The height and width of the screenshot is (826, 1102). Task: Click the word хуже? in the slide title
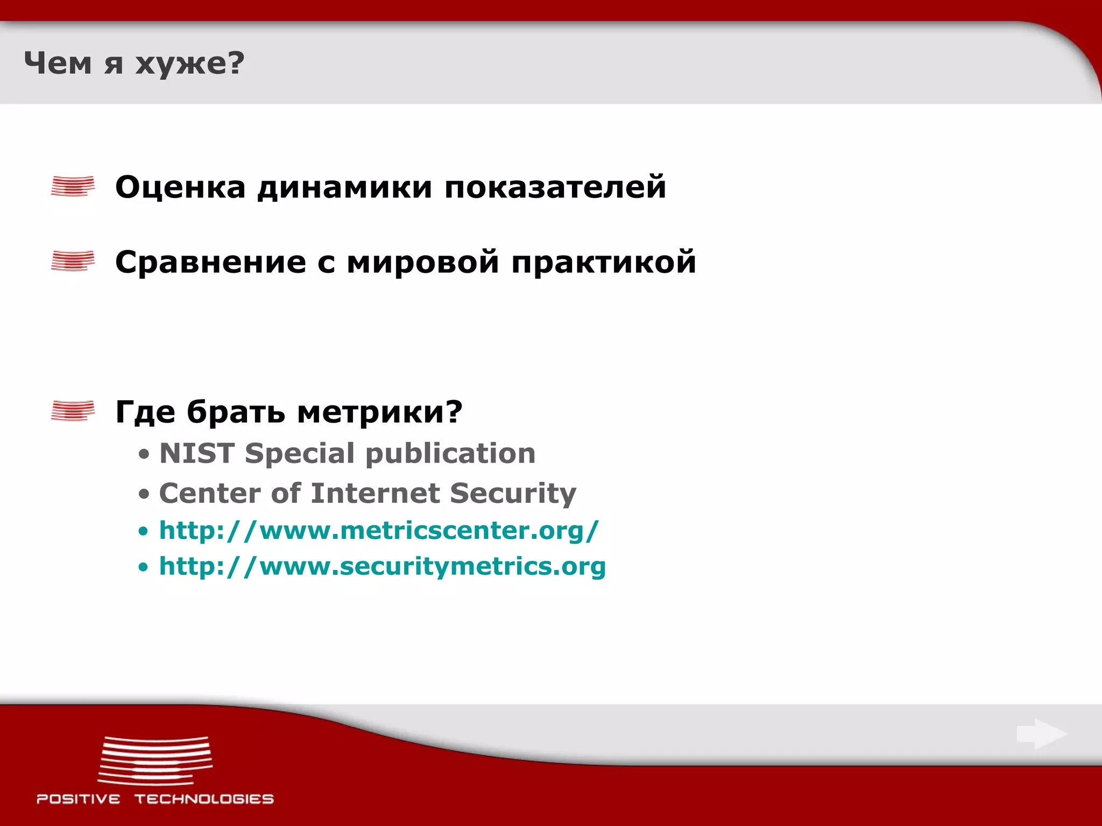(x=189, y=63)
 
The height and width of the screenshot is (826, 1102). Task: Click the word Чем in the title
(x=58, y=63)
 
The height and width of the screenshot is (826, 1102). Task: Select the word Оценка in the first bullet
(x=180, y=187)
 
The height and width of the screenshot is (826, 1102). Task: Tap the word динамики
(x=344, y=187)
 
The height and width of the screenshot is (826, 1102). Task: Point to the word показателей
(x=555, y=187)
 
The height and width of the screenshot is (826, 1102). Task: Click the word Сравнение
(x=210, y=262)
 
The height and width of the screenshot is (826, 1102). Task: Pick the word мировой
(x=423, y=262)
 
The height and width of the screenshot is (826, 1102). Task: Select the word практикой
(x=604, y=262)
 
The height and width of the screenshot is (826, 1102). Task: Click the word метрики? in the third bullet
(x=380, y=412)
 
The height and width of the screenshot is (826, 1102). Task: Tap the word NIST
(x=197, y=453)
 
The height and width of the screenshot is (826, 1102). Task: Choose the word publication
(x=450, y=453)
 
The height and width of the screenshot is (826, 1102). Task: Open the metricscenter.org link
(x=379, y=531)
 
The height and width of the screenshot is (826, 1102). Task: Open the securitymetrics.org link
(x=382, y=567)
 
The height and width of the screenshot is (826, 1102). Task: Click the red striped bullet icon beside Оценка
(x=73, y=186)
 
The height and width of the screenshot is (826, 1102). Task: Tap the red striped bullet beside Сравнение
(x=73, y=261)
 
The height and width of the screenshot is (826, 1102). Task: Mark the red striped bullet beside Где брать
(x=73, y=411)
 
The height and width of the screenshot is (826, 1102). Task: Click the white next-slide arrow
(x=1041, y=734)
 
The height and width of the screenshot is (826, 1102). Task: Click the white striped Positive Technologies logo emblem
(x=155, y=760)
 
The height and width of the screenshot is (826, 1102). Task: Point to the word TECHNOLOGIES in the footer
(x=204, y=799)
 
